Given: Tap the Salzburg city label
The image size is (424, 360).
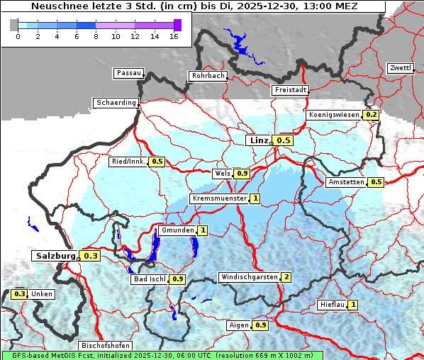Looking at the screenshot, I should point(55,256).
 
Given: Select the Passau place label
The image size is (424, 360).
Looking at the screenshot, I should point(128,73).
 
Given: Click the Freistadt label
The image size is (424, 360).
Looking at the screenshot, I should point(290,90).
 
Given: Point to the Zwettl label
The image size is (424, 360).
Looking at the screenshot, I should point(400,68).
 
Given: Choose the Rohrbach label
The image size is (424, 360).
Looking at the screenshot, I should point(207,76).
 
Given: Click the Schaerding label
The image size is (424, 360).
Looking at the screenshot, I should point(116,103).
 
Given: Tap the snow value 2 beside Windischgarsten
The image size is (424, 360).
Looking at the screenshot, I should point(286,277).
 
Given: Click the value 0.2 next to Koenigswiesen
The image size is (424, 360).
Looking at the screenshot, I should point(371,115).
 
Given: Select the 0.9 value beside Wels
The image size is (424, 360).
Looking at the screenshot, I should point(242,174).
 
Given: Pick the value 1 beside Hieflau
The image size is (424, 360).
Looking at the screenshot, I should point(352,305).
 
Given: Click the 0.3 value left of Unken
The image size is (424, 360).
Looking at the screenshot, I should point(20,294).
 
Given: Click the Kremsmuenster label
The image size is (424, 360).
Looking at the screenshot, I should point(219,198).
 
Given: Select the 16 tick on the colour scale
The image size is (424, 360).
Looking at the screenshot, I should point(174,35).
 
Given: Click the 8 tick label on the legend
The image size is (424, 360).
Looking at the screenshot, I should point(96,35).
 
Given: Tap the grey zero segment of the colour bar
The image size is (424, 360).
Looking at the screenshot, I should point(14,25).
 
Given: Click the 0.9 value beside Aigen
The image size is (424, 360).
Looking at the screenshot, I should point(260,325).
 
